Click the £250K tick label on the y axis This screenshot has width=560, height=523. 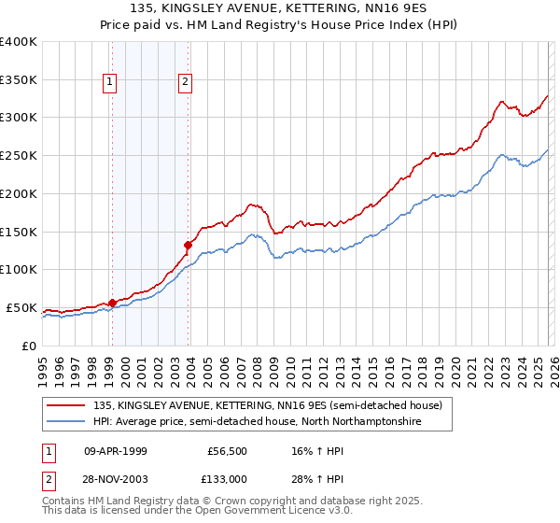[18, 155]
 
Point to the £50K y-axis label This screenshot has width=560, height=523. [21, 307]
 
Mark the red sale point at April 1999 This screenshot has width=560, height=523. [112, 303]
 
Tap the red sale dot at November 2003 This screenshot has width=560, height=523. [189, 245]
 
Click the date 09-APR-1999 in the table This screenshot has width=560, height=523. [116, 450]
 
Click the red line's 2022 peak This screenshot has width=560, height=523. [502, 101]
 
